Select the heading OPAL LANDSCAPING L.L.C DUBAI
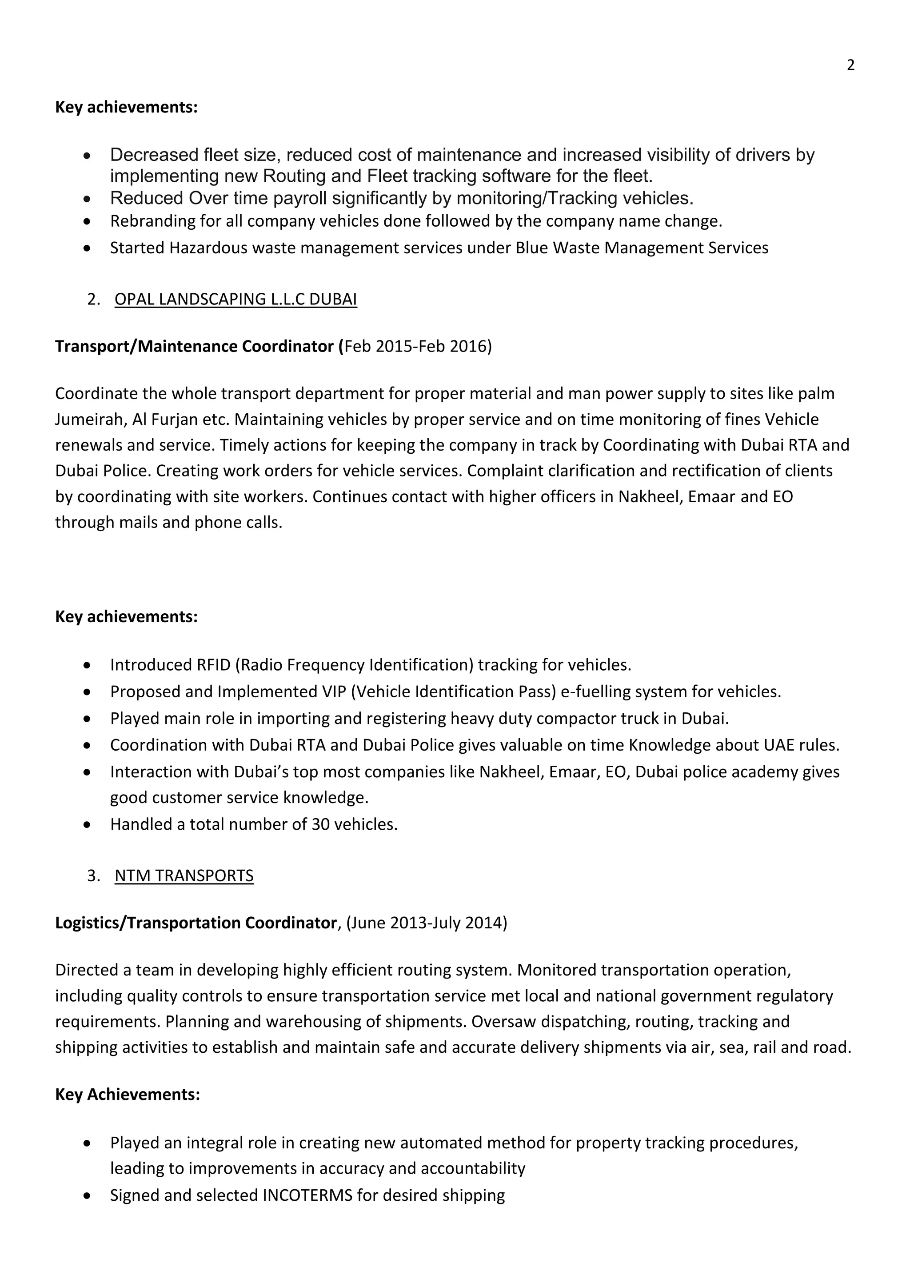point(235,300)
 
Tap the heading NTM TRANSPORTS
point(184,875)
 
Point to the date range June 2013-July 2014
point(427,923)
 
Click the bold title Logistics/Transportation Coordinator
point(196,923)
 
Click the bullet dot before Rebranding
point(86,222)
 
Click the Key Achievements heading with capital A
point(127,1094)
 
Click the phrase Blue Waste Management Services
point(642,248)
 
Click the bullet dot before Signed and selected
point(86,1195)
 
